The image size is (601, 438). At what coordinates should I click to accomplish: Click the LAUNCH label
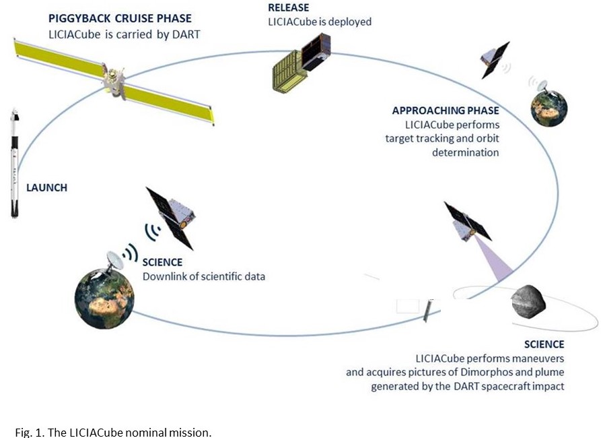[46, 188]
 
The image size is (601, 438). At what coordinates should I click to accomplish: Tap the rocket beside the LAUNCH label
[15, 163]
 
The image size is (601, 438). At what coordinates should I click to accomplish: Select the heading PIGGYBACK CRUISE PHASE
[120, 18]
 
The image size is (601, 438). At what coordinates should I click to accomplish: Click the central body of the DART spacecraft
[114, 82]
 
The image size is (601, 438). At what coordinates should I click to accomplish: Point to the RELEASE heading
[288, 7]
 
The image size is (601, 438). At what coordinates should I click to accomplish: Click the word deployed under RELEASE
[350, 22]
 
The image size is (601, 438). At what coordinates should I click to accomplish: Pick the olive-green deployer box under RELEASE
[289, 72]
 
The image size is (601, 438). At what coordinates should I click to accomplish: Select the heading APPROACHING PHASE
[446, 111]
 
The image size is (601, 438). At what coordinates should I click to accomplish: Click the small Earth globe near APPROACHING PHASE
[549, 108]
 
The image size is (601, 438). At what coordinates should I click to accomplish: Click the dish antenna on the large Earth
[114, 261]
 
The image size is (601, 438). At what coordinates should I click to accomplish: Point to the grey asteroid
[528, 302]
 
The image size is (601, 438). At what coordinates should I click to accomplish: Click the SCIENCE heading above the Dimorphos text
[544, 344]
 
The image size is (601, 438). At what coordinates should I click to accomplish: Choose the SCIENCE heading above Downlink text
[162, 262]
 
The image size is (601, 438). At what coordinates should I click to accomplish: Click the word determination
[465, 152]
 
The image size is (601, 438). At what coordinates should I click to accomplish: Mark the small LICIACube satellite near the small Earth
[494, 60]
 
